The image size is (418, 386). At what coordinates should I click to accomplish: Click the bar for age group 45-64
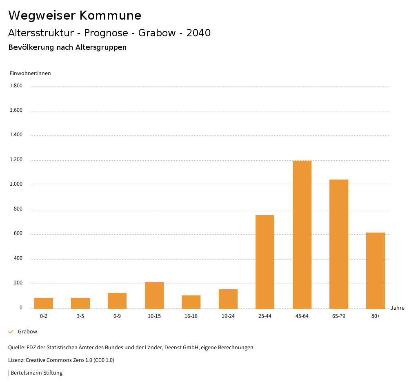click(302, 235)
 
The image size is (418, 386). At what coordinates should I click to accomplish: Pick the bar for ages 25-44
click(265, 262)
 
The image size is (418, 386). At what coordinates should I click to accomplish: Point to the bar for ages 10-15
click(154, 295)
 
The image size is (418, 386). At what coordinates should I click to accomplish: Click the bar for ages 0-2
click(44, 303)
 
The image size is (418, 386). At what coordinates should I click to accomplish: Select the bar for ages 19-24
click(228, 299)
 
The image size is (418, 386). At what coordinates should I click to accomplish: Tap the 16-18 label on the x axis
click(191, 316)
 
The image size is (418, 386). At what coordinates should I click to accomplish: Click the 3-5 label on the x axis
click(80, 316)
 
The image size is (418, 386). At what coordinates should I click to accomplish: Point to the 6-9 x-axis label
click(117, 316)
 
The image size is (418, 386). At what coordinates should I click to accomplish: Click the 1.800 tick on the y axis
click(16, 86)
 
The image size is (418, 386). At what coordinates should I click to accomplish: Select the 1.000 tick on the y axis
click(16, 184)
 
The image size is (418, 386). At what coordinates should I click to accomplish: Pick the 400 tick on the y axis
click(18, 258)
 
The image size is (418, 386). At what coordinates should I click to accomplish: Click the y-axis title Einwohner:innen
click(30, 73)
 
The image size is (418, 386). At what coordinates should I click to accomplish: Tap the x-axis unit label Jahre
click(397, 308)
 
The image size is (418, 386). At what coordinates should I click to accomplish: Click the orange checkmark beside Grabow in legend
click(11, 332)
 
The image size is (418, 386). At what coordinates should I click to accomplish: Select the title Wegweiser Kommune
click(75, 16)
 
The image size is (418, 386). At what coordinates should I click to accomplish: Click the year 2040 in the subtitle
click(198, 33)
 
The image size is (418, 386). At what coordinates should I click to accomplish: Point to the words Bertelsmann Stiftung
click(36, 373)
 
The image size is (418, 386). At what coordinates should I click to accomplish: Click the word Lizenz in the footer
click(16, 360)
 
